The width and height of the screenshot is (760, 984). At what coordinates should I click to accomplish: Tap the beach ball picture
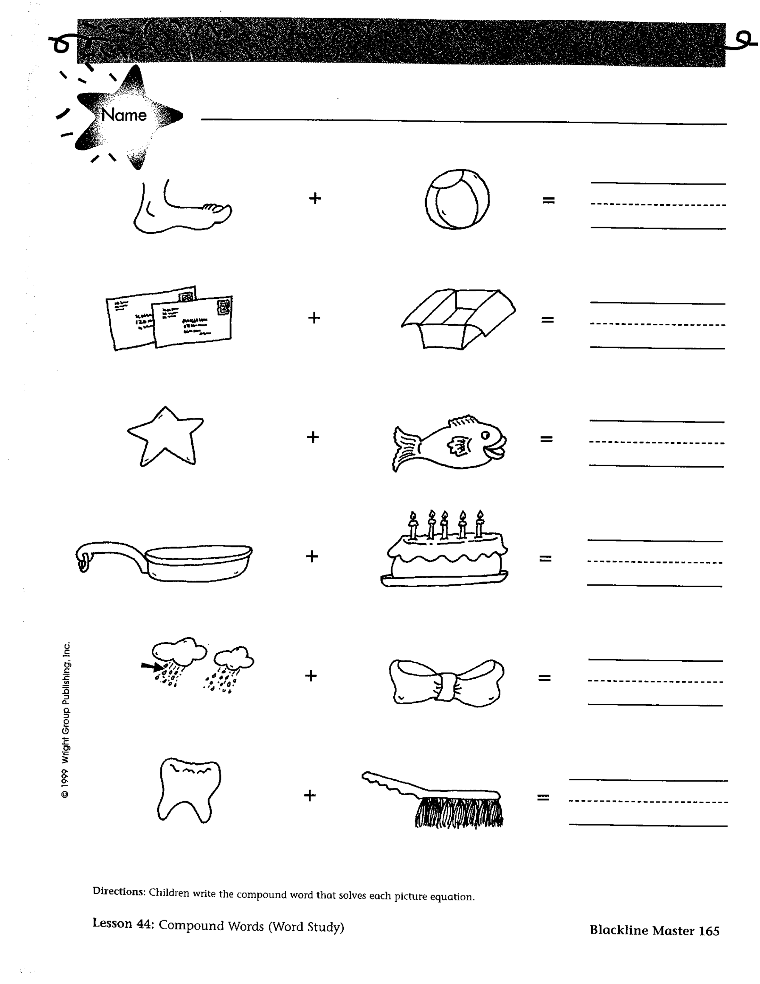click(457, 199)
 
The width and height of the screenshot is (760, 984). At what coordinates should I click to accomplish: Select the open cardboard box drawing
click(458, 318)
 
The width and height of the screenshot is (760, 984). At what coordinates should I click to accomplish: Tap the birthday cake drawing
click(444, 548)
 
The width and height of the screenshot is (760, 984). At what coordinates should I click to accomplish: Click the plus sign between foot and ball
click(315, 198)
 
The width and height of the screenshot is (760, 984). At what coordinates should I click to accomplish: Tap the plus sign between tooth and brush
click(309, 795)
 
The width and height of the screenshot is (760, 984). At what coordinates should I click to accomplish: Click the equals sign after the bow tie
click(544, 678)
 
